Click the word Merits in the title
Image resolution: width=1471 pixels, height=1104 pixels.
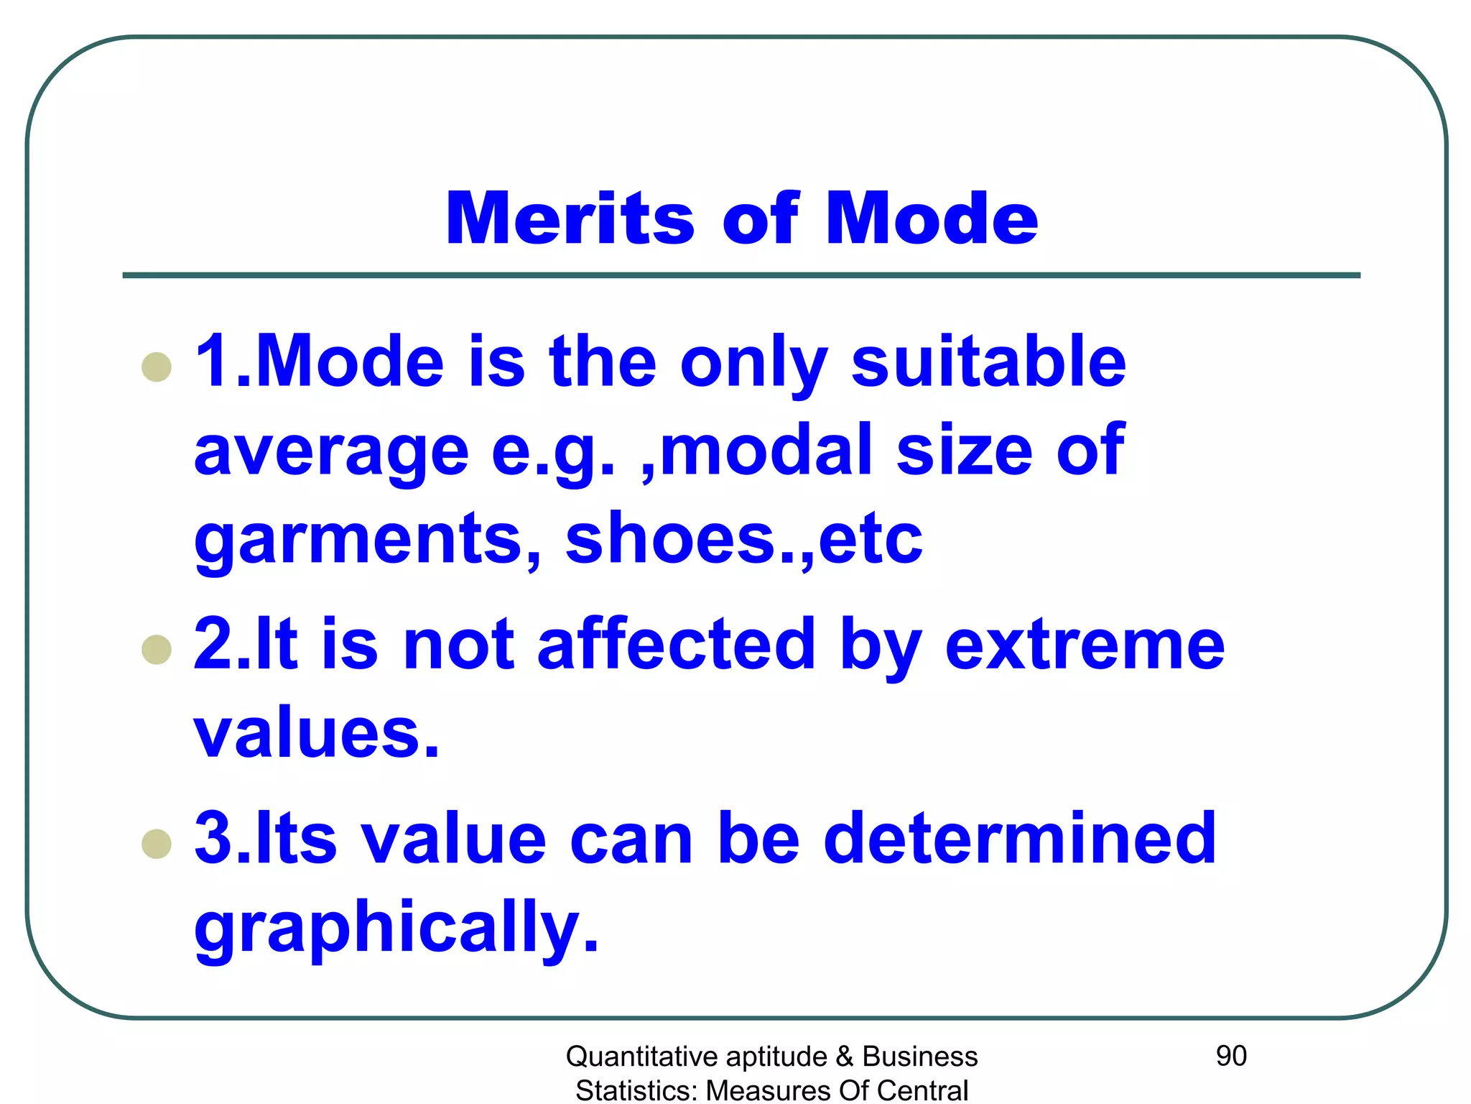[570, 218]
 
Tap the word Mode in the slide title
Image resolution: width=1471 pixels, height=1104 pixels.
[932, 218]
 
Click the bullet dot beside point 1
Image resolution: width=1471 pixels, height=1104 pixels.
[157, 367]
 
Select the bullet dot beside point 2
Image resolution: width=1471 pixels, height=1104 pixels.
[157, 650]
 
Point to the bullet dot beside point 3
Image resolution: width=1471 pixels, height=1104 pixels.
[157, 844]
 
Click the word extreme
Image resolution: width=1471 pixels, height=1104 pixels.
[1085, 645]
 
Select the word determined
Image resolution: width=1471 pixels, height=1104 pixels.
[1020, 838]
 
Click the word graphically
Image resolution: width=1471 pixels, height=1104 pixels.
[396, 927]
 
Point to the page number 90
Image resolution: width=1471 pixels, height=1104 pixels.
[1231, 1056]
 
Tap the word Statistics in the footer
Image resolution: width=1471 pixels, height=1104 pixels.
[636, 1090]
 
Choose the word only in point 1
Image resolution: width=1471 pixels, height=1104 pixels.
[753, 364]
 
